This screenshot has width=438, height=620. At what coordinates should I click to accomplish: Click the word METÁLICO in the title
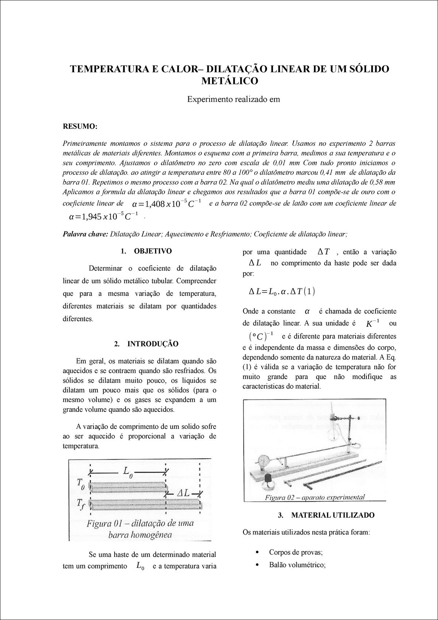tap(230, 81)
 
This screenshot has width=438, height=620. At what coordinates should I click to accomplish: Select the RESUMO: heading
tap(80, 126)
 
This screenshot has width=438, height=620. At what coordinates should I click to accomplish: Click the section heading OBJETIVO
tap(153, 251)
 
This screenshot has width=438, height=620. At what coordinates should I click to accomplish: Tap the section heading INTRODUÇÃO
tap(153, 344)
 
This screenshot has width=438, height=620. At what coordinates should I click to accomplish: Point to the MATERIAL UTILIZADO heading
tap(333, 515)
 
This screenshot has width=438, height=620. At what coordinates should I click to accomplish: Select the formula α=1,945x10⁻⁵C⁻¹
tap(103, 217)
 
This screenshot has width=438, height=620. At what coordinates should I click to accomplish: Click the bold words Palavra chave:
tap(85, 234)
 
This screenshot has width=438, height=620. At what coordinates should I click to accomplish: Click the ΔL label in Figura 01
tap(182, 493)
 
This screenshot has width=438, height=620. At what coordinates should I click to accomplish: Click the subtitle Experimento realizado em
tap(234, 99)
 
